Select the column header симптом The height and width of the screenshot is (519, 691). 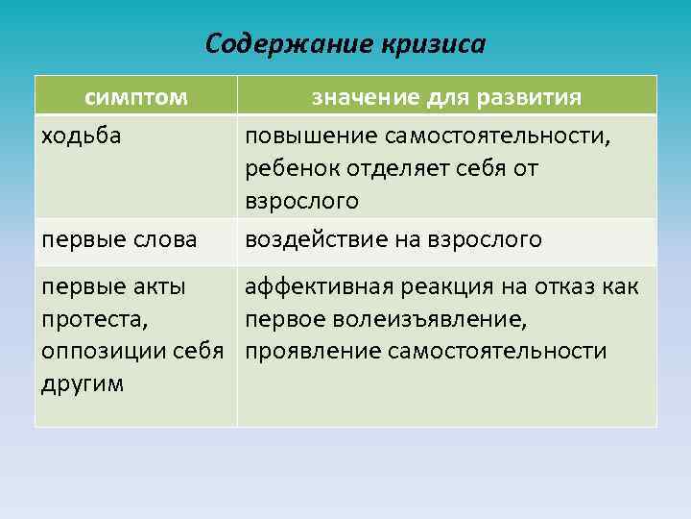(x=135, y=97)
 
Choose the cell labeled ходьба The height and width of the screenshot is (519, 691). (x=81, y=135)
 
